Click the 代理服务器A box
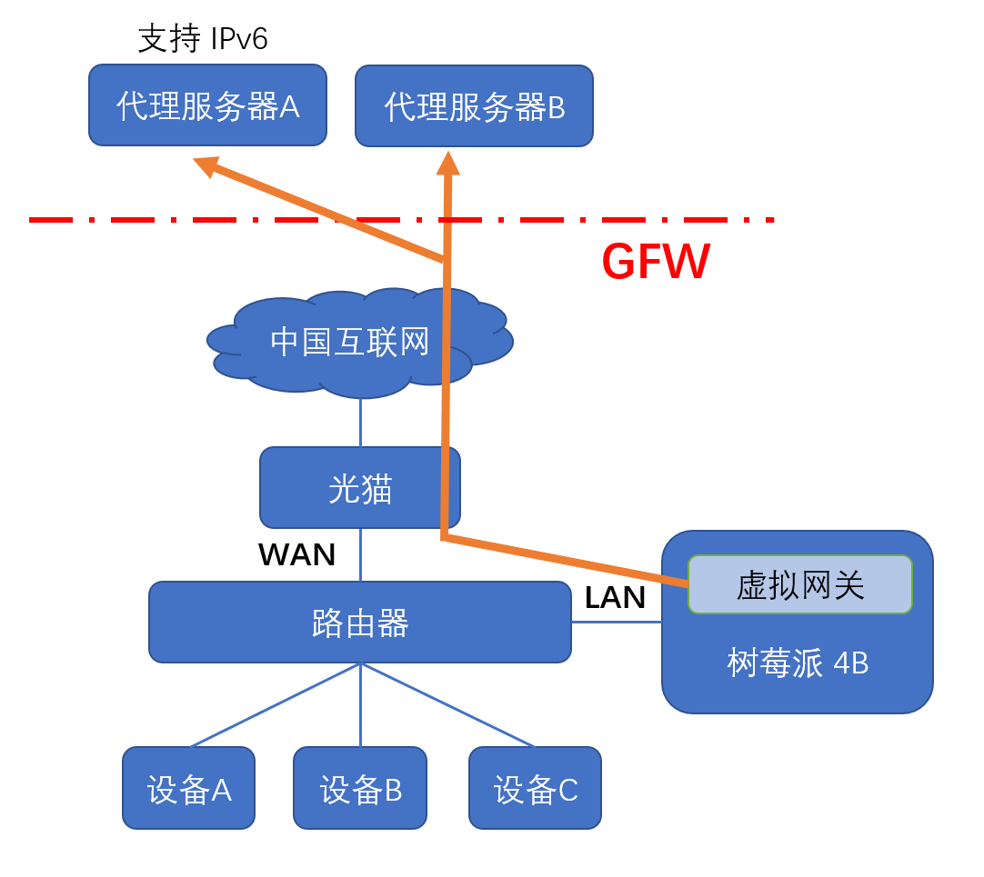pyautogui.click(x=207, y=105)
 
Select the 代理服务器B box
pyautogui.click(x=474, y=106)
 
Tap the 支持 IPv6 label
pyautogui.click(x=202, y=39)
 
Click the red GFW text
pyautogui.click(x=656, y=263)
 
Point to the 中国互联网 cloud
pyautogui.click(x=349, y=343)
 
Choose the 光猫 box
pyautogui.click(x=360, y=488)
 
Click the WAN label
pyautogui.click(x=296, y=554)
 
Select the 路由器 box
pyautogui.click(x=360, y=623)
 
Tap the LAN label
pyautogui.click(x=615, y=597)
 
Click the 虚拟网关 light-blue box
pyautogui.click(x=799, y=584)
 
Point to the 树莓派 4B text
pyautogui.click(x=798, y=663)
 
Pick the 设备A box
pyautogui.click(x=189, y=788)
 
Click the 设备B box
pyautogui.click(x=360, y=788)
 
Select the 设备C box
pyautogui.click(x=535, y=788)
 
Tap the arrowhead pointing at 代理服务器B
pyautogui.click(x=447, y=164)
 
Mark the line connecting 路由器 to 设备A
pyautogui.click(x=273, y=706)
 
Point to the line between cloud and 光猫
pyautogui.click(x=361, y=423)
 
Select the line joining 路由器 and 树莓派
pyautogui.click(x=616, y=623)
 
